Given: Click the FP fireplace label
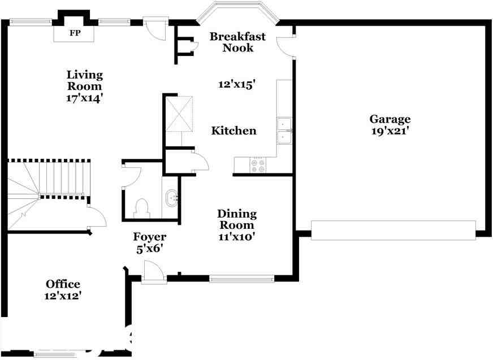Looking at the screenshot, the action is coord(75,33).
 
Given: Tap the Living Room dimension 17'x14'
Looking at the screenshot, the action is coord(85,98).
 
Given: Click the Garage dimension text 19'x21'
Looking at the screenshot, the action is coord(390,131).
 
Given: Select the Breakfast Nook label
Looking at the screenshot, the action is coord(237,42).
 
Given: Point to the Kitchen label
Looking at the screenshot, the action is coord(233,131).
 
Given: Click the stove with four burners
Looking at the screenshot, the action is coord(258,166).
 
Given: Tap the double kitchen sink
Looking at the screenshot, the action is coord(284,131).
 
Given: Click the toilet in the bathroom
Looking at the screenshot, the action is coord(141,209).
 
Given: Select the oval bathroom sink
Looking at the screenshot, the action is coord(172,198).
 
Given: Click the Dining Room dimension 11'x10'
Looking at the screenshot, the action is coord(236,236).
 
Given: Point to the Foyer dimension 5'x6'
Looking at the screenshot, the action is coord(149,249).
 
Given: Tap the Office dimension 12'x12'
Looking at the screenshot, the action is coord(63,296).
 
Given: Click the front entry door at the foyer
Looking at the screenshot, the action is coord(153,272).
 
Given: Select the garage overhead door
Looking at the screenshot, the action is coord(393,231).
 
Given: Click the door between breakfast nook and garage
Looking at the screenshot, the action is coord(286,46).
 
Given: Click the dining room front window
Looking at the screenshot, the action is coord(242,279).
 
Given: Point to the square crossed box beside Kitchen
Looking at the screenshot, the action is coord(179,113).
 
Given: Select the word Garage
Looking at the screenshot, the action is coord(390,119).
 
